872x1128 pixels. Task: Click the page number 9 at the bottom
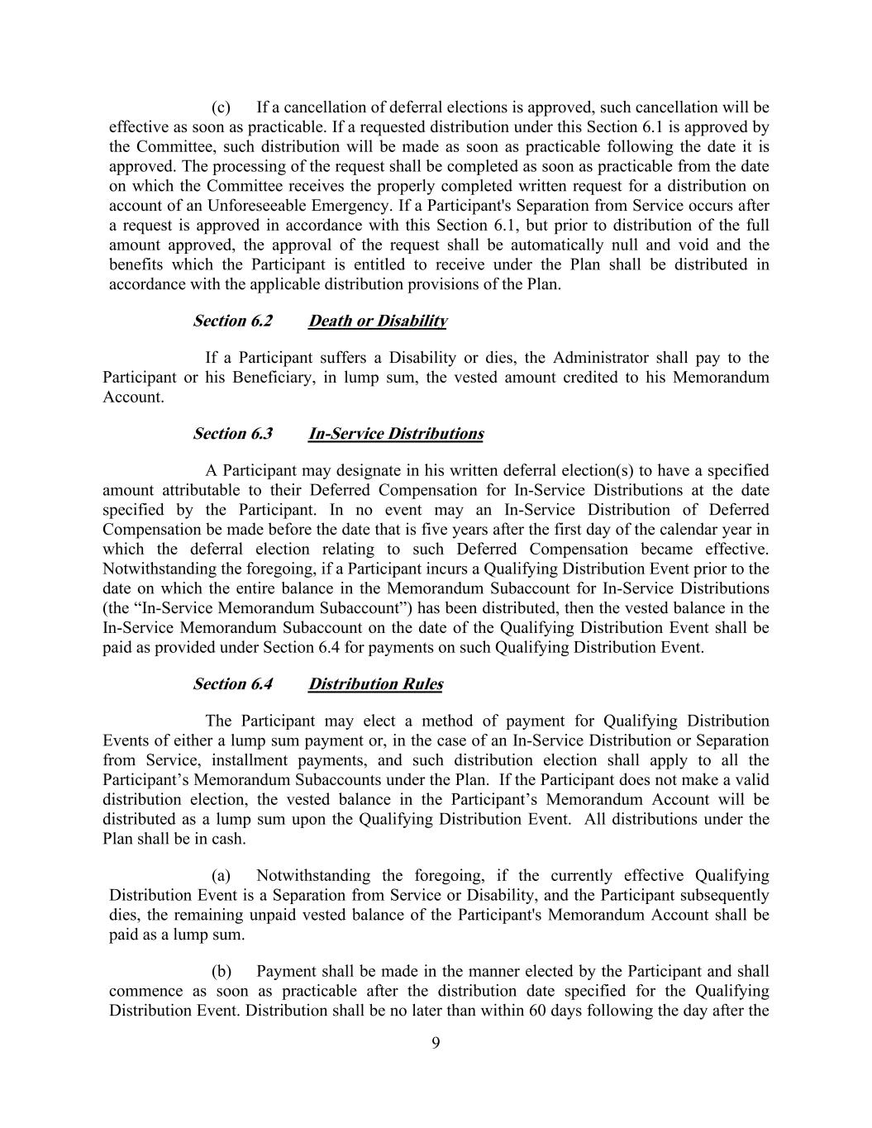pos(436,1043)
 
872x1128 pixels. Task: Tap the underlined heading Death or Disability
pos(378,321)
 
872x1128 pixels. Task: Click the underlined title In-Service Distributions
pos(396,434)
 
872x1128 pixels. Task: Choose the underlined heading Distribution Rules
pos(375,684)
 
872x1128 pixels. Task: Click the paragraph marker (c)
pos(221,107)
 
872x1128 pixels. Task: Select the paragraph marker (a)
pos(221,876)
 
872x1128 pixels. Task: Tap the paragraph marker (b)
pos(221,972)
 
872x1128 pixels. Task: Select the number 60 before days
pos(536,1011)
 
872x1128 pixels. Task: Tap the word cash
pos(230,840)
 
